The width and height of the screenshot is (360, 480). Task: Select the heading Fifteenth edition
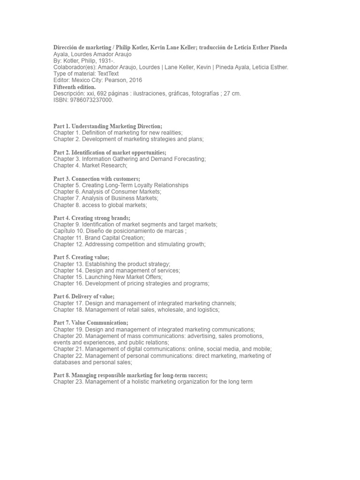(75, 87)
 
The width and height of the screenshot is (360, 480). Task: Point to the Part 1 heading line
(108, 126)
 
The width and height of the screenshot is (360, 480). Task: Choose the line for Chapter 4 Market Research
(90, 165)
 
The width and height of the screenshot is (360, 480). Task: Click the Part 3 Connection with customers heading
(97, 179)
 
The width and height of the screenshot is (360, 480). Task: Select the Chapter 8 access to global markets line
(100, 205)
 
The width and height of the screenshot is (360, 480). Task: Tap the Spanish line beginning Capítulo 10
(120, 231)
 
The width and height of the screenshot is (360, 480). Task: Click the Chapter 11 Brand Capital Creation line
(99, 238)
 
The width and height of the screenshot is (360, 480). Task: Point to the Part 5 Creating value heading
(81, 257)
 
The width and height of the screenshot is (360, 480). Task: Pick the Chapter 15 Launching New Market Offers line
(108, 277)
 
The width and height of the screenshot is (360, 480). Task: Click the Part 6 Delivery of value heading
(84, 297)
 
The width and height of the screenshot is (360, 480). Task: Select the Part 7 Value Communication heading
(90, 323)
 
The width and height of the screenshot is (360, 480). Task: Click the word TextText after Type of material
(105, 74)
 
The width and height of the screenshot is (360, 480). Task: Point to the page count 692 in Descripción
(102, 93)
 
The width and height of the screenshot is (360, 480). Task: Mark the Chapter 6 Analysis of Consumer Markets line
(107, 192)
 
